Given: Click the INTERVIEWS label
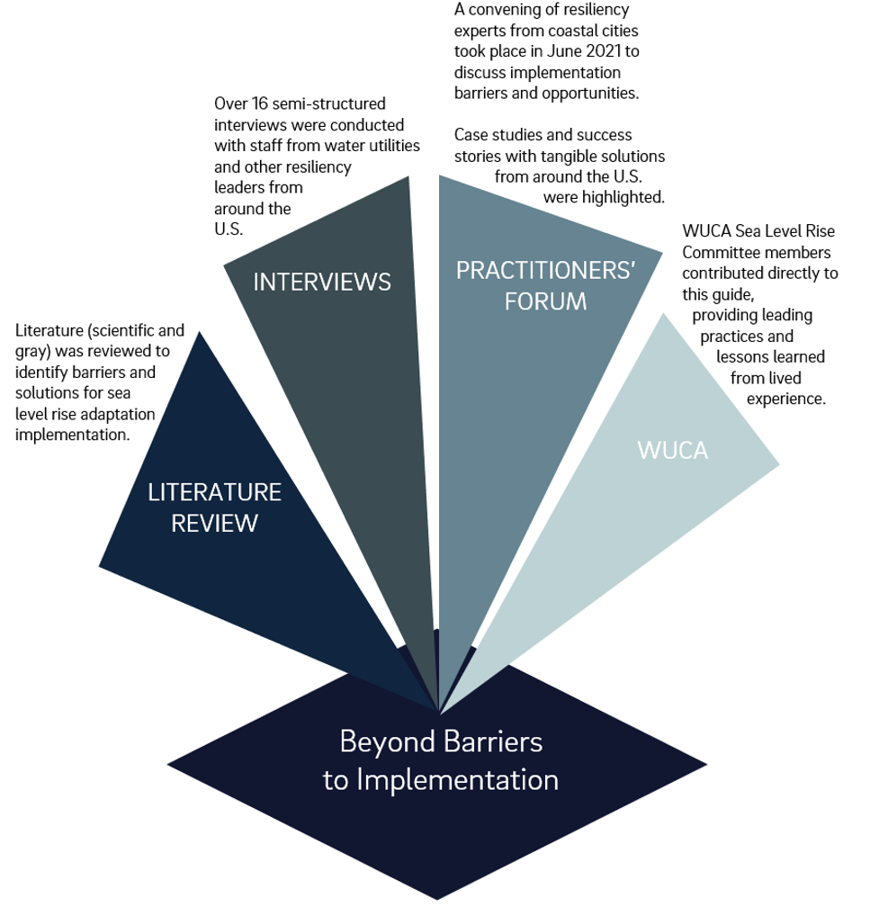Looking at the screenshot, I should pos(322,282).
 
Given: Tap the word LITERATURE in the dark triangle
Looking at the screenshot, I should pos(215,492).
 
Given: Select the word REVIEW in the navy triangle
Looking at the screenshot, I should pos(215,523).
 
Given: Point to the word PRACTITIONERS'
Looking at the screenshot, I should pos(545,270).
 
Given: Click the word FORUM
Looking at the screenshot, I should pos(545,301).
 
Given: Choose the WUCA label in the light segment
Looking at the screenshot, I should pos(673,450).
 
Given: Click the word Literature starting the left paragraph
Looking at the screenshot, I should pos(52,329).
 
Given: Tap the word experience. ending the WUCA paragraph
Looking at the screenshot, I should pos(786,398).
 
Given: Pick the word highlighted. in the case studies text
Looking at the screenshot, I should pos(616,195).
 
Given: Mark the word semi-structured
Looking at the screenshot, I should pos(335,105).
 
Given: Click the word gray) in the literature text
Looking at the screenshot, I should pos(37,350).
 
